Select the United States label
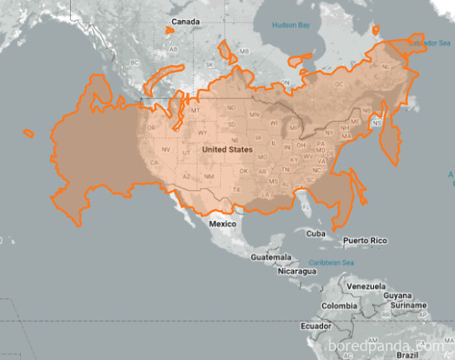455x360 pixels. click(x=227, y=149)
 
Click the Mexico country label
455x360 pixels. click(x=222, y=224)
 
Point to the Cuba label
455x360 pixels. click(x=315, y=233)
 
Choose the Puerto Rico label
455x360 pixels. click(x=365, y=240)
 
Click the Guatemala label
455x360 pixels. click(x=271, y=257)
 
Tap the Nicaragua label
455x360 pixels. click(x=296, y=271)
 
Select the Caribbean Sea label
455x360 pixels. click(x=331, y=263)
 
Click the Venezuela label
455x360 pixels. click(x=366, y=287)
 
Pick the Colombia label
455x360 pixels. click(x=339, y=306)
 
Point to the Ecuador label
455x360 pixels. click(x=315, y=326)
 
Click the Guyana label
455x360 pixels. click(x=397, y=296)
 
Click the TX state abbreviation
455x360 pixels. click(x=237, y=190)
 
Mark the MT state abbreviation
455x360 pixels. click(x=194, y=111)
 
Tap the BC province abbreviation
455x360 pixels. click(x=135, y=62)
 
